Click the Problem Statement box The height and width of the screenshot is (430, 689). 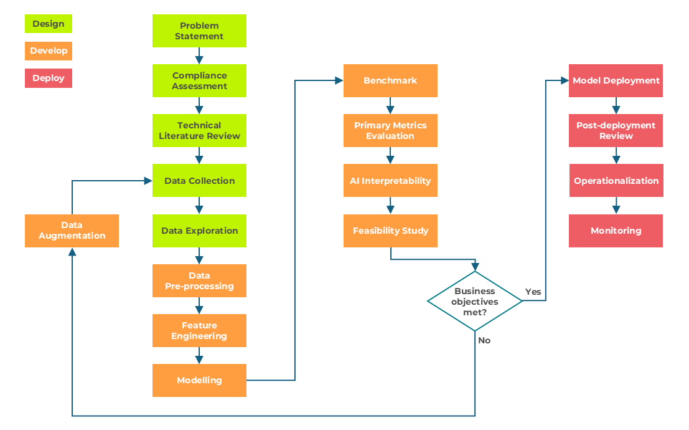[199, 31]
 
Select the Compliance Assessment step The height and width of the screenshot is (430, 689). [199, 81]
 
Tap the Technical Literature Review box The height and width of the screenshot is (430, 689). [199, 131]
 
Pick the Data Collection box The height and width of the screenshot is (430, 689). [199, 181]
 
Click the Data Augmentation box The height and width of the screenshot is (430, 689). [72, 231]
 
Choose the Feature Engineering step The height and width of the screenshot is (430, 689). [199, 330]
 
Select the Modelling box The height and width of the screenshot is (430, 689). [199, 380]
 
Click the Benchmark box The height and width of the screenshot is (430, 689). [390, 80]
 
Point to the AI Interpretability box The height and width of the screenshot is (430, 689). [390, 181]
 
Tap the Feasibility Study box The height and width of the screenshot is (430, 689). [390, 231]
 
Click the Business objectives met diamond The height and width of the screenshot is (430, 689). [475, 301]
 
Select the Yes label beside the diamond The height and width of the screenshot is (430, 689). [533, 292]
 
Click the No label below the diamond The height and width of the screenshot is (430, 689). [484, 340]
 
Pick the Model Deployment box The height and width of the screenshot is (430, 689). [616, 80]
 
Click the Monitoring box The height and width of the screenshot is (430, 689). [616, 231]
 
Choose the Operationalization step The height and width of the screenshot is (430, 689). [616, 181]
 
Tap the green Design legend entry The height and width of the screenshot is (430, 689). [49, 24]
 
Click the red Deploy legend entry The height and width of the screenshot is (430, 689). [49, 78]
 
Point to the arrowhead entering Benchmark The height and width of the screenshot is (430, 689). [339, 80]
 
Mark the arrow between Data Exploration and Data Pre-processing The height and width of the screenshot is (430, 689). [199, 256]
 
